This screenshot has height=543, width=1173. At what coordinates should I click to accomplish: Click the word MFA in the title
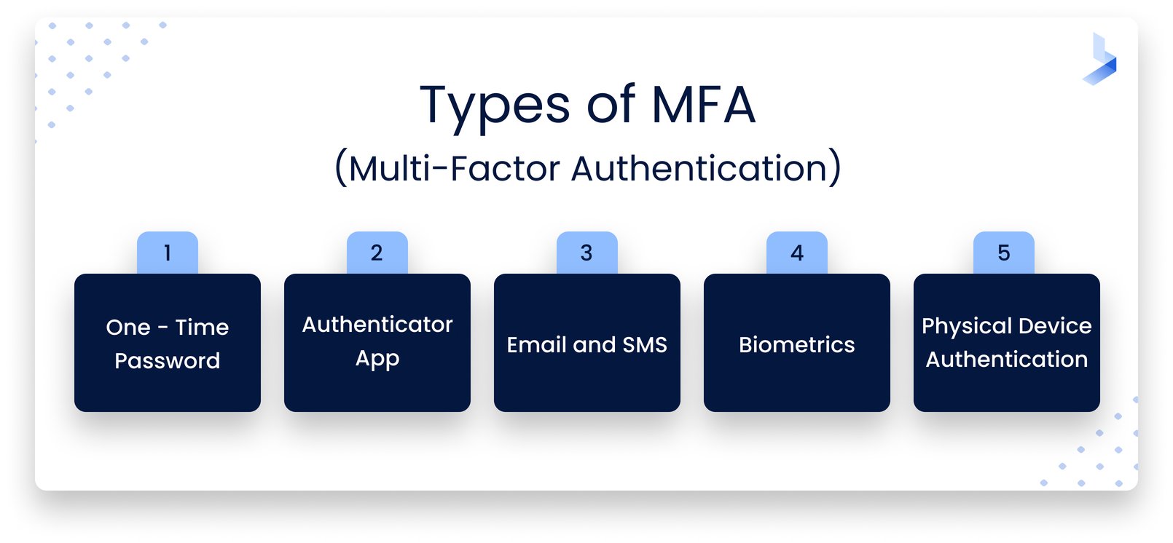(703, 105)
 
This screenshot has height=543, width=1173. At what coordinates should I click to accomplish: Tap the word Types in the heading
(495, 106)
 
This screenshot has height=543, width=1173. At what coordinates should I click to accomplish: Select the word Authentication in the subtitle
(706, 168)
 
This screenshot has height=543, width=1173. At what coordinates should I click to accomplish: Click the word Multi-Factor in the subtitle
(452, 168)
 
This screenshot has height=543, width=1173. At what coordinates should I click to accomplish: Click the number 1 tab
(168, 253)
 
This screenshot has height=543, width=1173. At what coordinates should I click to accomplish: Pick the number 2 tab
(377, 253)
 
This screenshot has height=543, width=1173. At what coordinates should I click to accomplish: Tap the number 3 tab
(586, 253)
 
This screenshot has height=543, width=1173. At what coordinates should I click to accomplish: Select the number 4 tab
(796, 253)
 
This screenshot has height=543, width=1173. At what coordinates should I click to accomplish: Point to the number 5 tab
(1003, 253)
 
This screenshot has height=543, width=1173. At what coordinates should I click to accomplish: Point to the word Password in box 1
(168, 360)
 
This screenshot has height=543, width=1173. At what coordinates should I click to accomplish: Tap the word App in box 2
(377, 359)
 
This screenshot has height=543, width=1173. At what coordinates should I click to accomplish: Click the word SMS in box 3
(645, 344)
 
